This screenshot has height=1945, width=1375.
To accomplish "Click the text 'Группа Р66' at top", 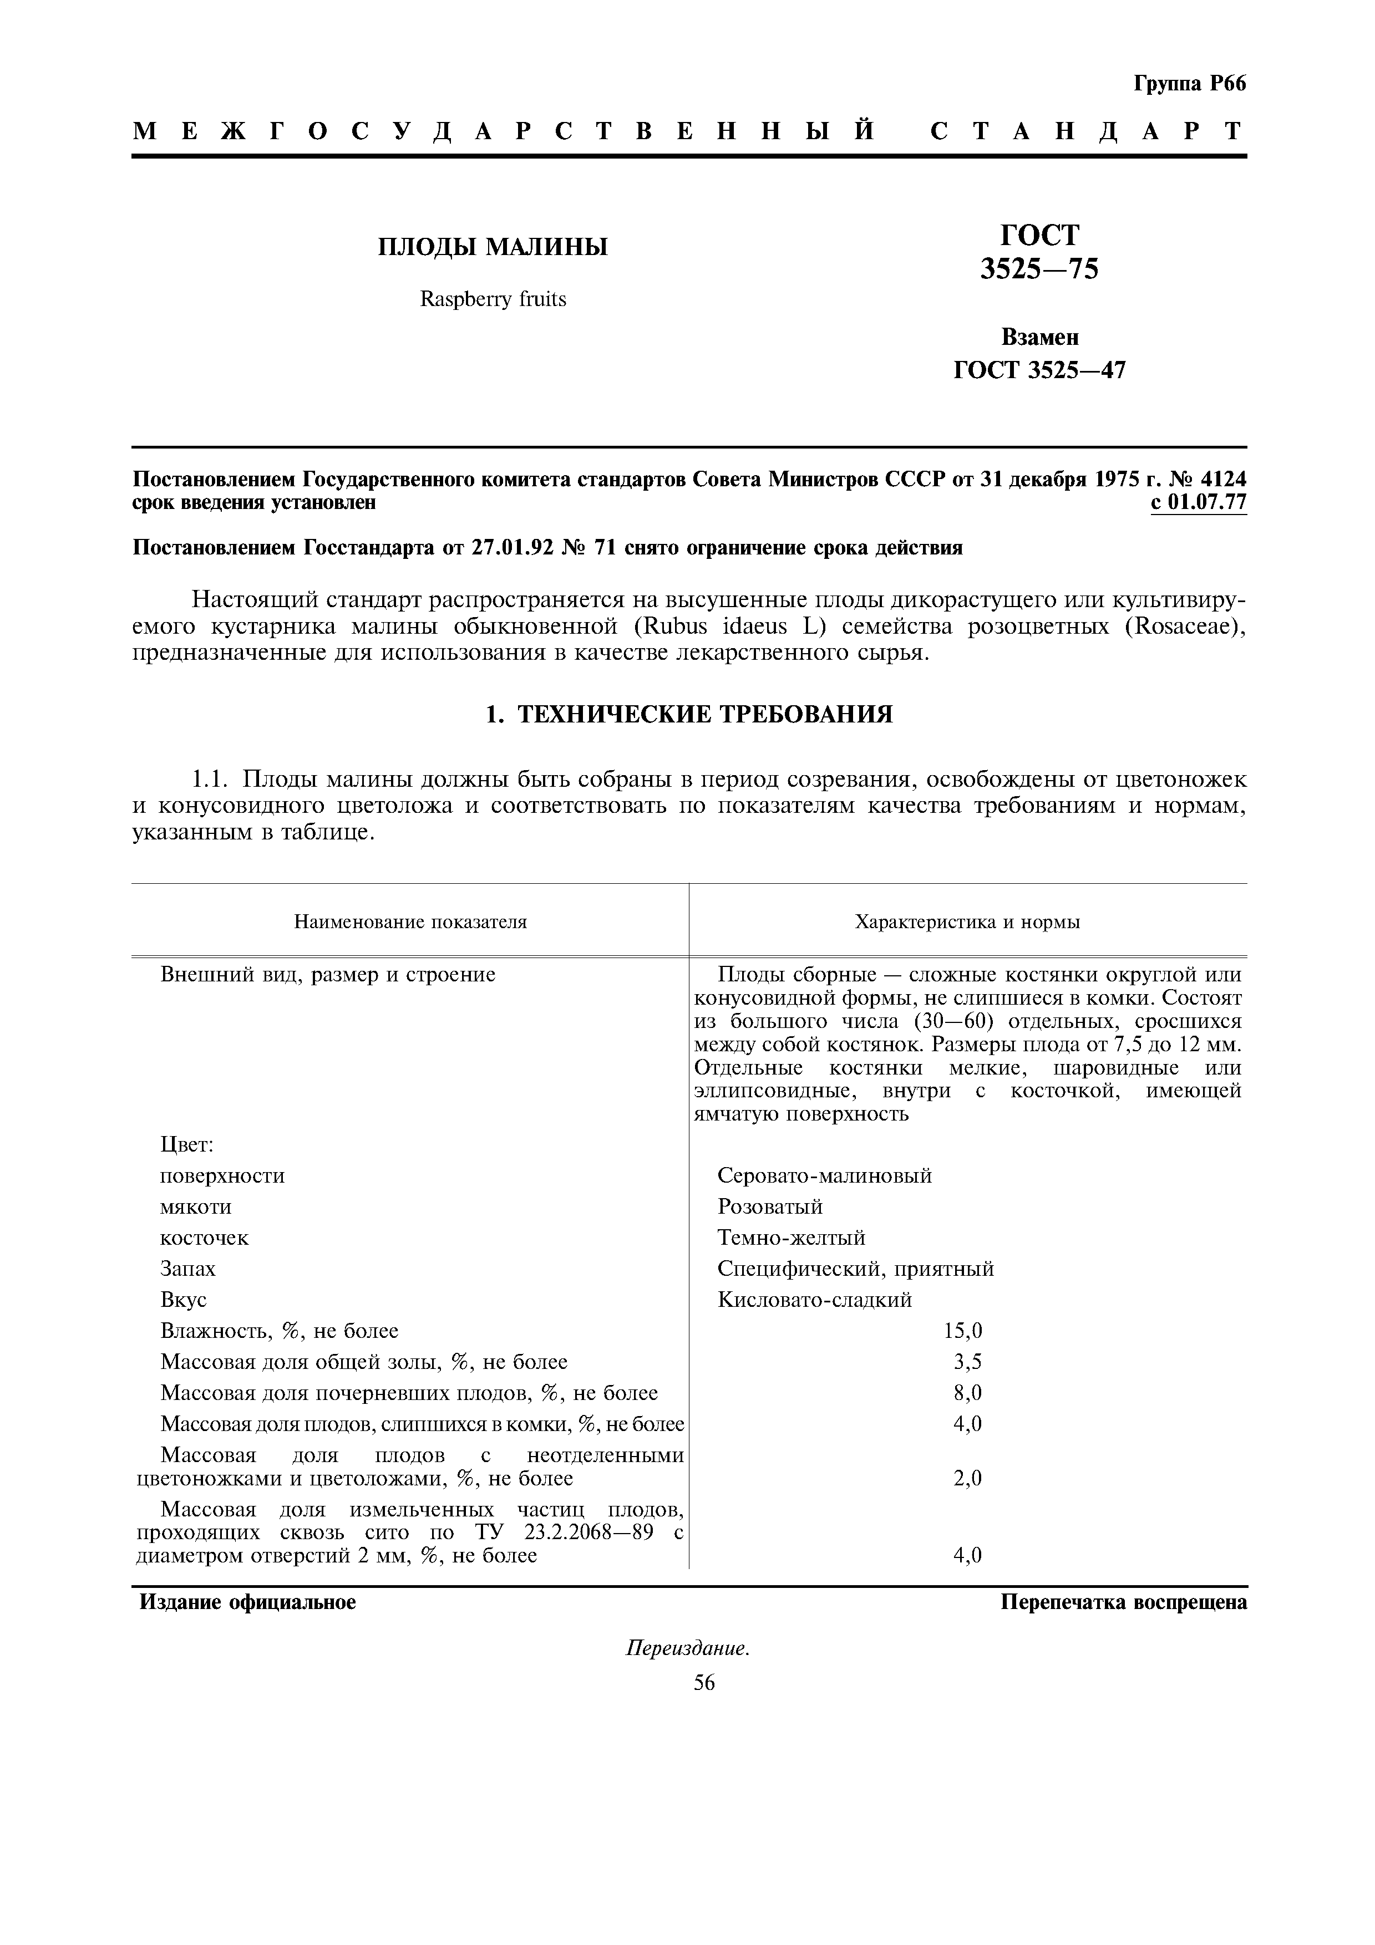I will pos(1189,84).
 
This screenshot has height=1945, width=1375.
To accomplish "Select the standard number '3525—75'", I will pos(1039,269).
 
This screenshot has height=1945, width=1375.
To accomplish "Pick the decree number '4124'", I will pos(1224,480).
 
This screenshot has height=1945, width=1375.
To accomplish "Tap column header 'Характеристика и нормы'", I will pos(967,921).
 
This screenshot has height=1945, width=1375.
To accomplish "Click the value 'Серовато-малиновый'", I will pos(824,1176).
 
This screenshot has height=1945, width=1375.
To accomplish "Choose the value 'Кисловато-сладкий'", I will pos(814,1300).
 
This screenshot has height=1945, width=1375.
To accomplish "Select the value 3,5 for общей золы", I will pos(967,1362).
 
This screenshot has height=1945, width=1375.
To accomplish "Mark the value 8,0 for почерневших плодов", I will pos(967,1393).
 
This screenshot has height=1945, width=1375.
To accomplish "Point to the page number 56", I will pos(704,1683).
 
